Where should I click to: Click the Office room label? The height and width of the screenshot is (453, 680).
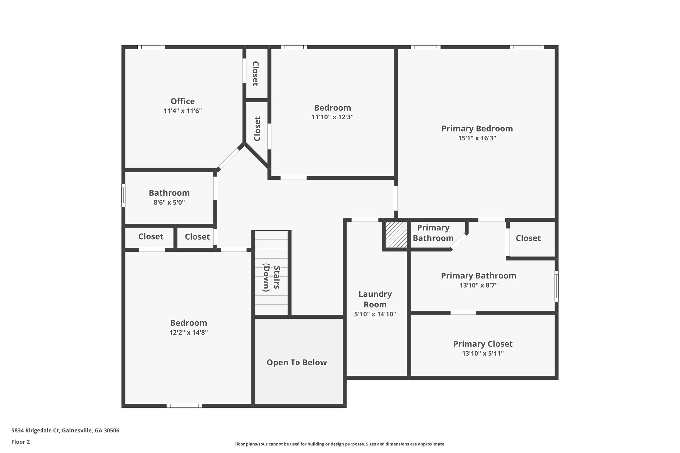[182, 101]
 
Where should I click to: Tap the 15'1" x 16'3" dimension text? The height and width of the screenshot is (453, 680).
[477, 138]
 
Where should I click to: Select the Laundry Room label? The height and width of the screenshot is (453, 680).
[375, 299]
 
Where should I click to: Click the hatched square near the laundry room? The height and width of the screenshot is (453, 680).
[396, 235]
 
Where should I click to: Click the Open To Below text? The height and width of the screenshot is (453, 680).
[297, 363]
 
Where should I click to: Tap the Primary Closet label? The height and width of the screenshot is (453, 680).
[482, 344]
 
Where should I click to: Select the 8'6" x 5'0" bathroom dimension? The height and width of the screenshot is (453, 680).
[169, 203]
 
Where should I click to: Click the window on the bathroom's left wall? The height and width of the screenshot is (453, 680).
[123, 195]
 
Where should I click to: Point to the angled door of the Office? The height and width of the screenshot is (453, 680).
[229, 159]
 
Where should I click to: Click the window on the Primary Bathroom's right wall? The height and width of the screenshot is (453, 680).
[556, 286]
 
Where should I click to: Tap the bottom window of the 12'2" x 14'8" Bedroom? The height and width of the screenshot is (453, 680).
[184, 406]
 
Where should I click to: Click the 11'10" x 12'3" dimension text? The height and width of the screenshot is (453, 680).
[332, 117]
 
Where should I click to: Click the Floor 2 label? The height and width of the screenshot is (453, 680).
[21, 442]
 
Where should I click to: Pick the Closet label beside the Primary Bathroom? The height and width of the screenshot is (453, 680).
[528, 238]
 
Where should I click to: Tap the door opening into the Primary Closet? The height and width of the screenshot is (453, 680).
[463, 313]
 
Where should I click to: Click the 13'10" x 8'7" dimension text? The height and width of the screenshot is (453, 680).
[478, 285]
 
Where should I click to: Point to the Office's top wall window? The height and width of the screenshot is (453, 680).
[151, 47]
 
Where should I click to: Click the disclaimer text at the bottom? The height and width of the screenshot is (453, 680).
[340, 444]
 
